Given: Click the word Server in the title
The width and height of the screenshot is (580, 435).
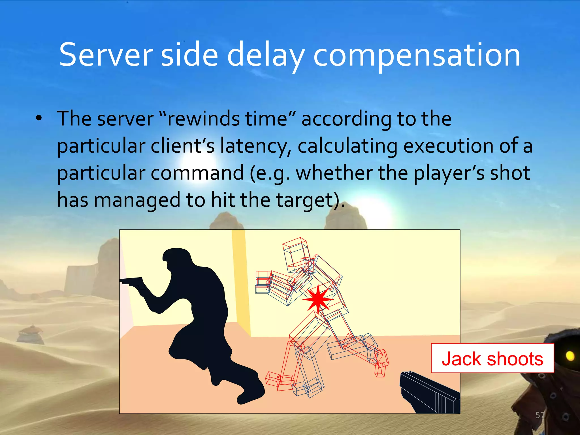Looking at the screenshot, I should tap(106, 54).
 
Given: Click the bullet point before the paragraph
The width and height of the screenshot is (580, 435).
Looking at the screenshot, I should tap(39, 118).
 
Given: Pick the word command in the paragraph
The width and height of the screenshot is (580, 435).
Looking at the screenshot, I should tap(197, 173).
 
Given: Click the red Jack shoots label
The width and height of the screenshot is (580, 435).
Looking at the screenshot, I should tap(492, 358).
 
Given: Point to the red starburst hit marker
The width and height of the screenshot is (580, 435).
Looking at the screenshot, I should tap(318, 299).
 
